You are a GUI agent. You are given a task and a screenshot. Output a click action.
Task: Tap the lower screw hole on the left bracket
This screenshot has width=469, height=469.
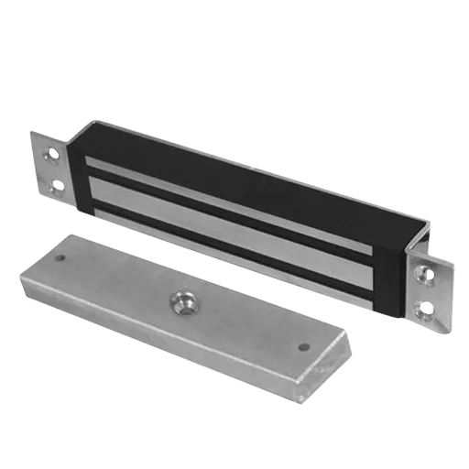pyautogui.click(x=58, y=185)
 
